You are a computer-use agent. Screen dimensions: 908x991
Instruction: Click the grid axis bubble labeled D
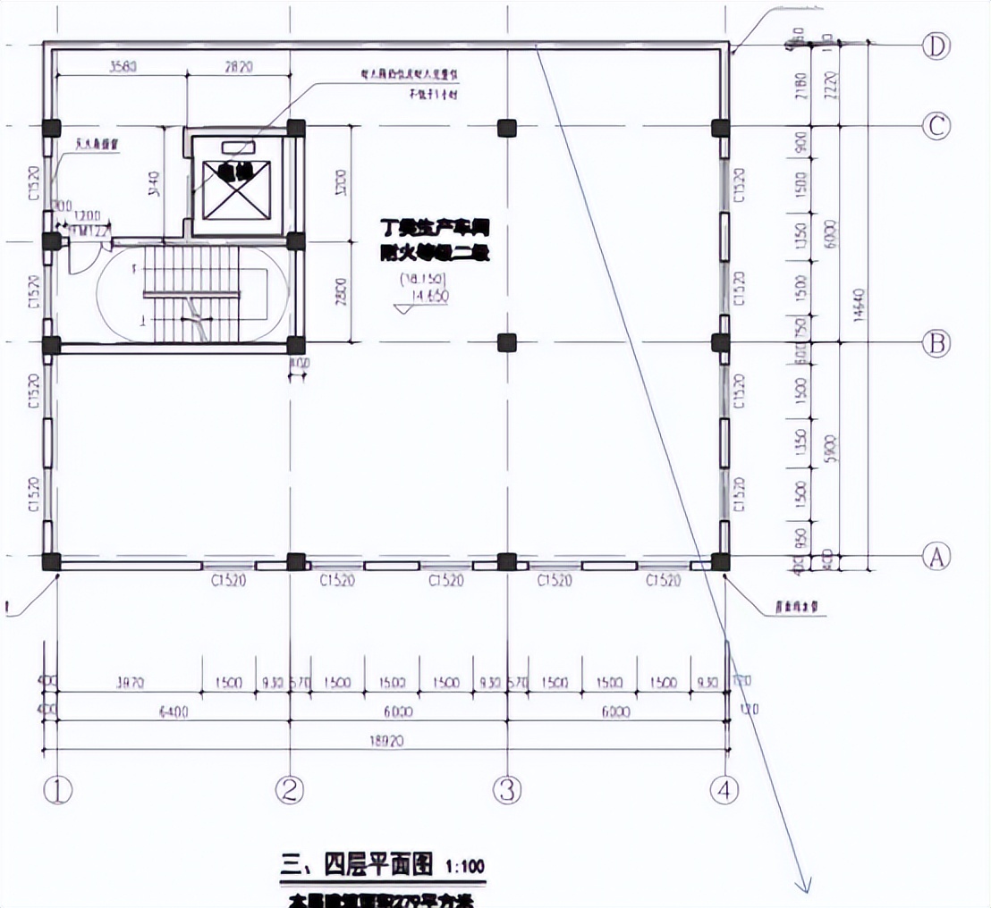coord(936,46)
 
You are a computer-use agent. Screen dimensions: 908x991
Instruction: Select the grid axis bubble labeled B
coord(936,343)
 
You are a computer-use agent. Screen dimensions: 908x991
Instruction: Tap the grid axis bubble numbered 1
coord(58,789)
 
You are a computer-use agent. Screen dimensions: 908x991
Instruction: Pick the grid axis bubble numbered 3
coord(508,789)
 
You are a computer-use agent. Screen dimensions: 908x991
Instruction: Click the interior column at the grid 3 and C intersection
coord(507,127)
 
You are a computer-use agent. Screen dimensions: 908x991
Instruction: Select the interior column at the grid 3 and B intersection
coord(507,341)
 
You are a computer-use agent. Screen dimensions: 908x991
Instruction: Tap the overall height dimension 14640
coord(860,304)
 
